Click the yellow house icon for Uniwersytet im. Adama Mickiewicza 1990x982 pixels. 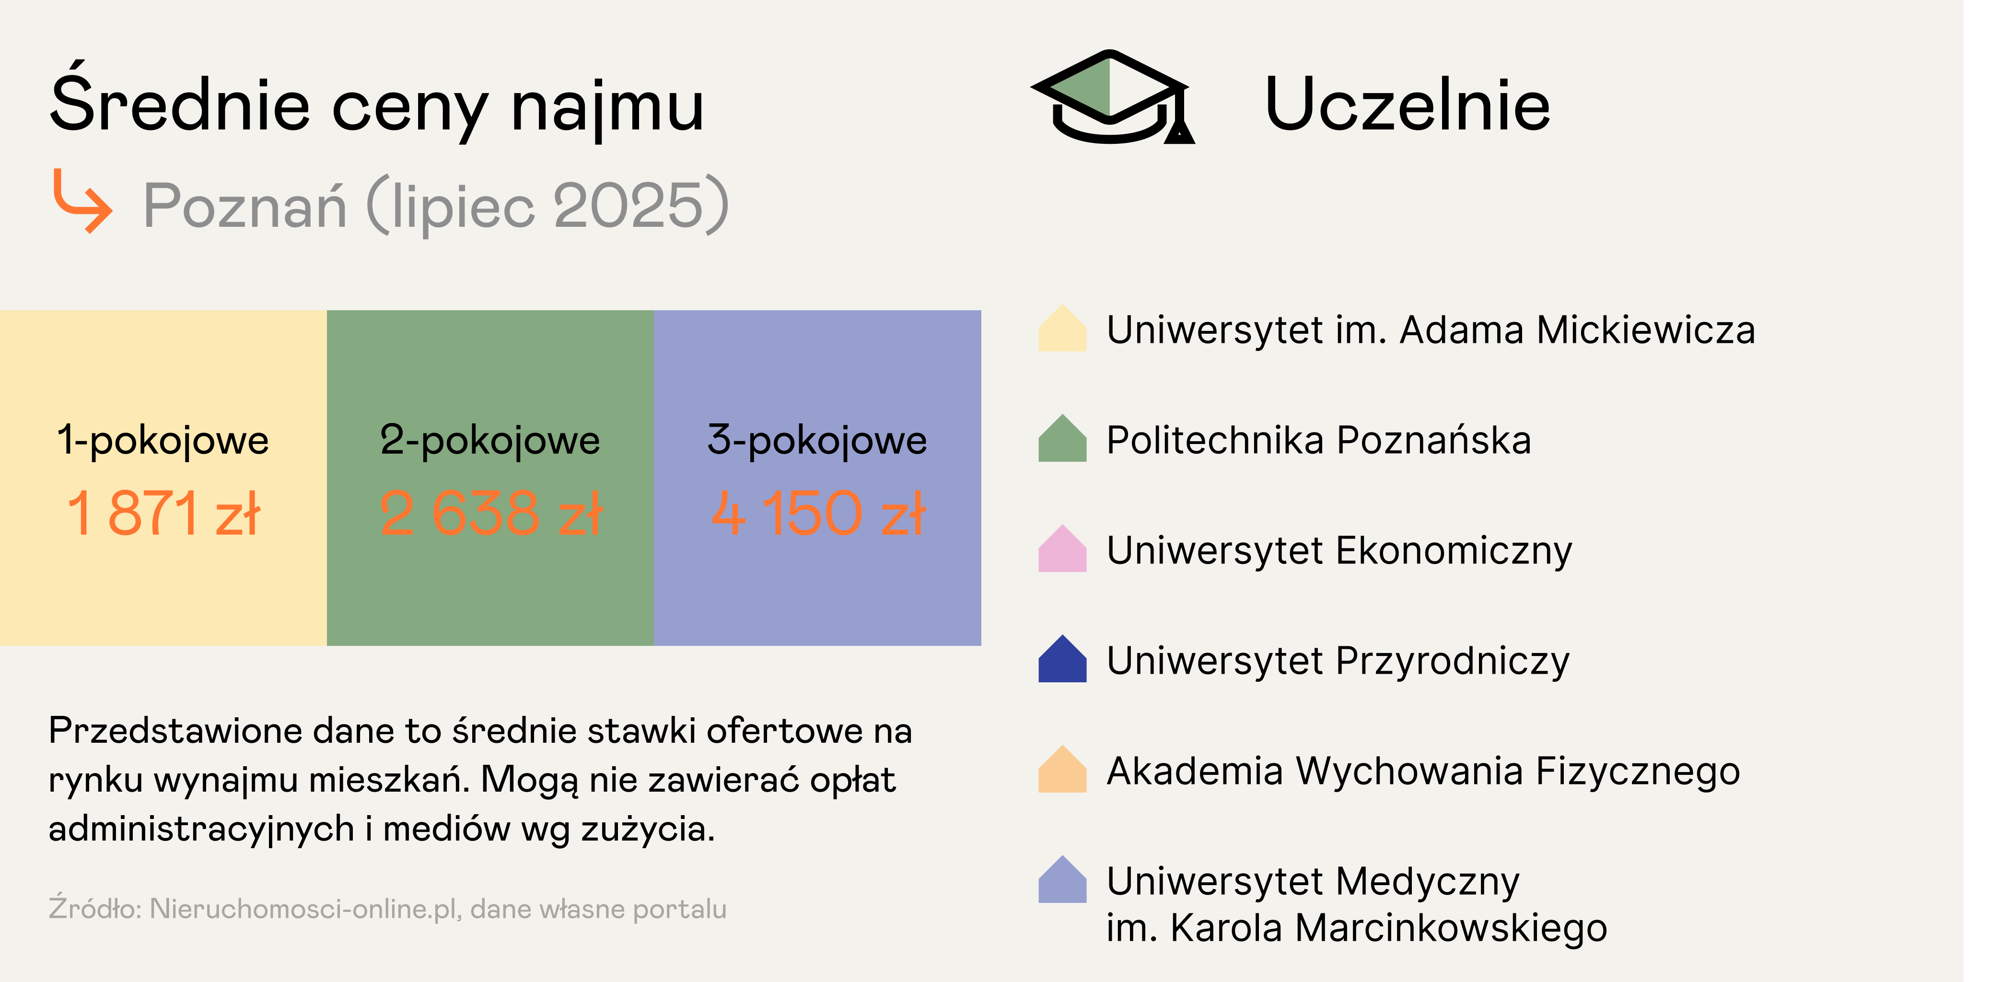[x=1062, y=328]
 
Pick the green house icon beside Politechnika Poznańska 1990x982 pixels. [x=1062, y=439]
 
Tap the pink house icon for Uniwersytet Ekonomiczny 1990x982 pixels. [x=1062, y=549]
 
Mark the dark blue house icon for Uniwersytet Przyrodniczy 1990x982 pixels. [x=1062, y=659]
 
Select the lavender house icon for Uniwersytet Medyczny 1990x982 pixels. [x=1062, y=879]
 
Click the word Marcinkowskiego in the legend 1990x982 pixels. [x=1451, y=927]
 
